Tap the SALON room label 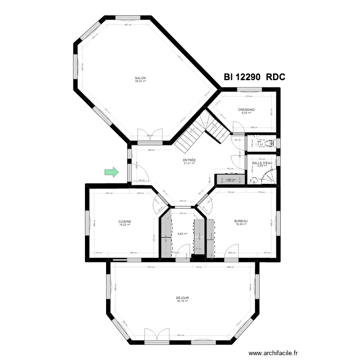point(140,78)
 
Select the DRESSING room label point(246,110)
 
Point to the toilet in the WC point(271,143)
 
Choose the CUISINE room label point(125,221)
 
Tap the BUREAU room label point(240,221)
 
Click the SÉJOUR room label point(182,298)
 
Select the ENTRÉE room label point(189,160)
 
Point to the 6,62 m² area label point(182,234)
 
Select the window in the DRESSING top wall point(248,90)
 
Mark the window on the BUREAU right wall point(277,221)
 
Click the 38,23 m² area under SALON point(140,81)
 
